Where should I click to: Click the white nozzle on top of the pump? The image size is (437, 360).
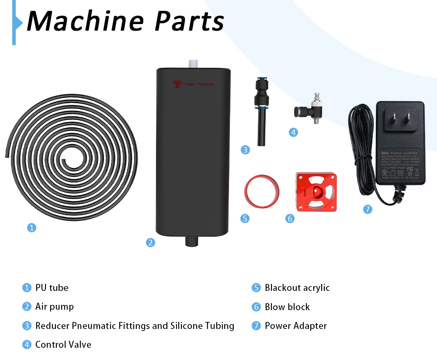click(x=193, y=64)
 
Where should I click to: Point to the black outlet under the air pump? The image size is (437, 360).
click(x=192, y=241)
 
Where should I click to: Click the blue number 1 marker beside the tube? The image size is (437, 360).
click(x=31, y=227)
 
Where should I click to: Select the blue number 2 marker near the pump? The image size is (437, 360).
click(x=150, y=242)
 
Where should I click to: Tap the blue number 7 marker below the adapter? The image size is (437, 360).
click(x=368, y=209)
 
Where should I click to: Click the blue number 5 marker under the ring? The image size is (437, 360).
click(x=245, y=218)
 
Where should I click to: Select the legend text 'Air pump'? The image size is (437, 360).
click(x=55, y=307)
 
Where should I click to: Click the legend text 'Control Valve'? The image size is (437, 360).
click(x=63, y=345)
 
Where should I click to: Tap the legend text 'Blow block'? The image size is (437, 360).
click(x=287, y=307)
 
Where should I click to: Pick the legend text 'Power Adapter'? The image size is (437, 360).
click(x=296, y=326)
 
